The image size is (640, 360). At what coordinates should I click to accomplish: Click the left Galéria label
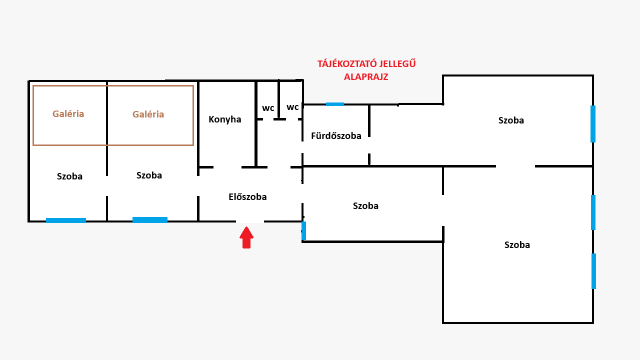coord(68,114)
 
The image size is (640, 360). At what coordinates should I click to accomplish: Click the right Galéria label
coord(148,114)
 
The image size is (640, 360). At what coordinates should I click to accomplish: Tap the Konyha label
coord(225,120)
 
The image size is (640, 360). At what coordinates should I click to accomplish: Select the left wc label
coord(268,108)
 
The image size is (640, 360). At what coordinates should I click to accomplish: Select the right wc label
coord(293,107)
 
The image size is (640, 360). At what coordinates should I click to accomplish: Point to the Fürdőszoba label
coord(336,135)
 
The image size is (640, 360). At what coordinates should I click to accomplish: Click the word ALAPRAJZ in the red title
coord(365,77)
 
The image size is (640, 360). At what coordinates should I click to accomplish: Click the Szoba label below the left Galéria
coord(69,176)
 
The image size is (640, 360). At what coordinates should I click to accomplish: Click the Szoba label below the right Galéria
coord(149,175)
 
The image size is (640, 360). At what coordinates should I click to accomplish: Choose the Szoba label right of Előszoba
coord(366,206)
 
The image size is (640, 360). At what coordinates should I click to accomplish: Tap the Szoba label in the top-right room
coord(511,120)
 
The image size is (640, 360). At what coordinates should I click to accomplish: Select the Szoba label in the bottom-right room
coord(517,245)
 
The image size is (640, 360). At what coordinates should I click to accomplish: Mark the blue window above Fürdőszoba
coord(334,103)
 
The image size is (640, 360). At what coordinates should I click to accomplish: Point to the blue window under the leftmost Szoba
coord(66,220)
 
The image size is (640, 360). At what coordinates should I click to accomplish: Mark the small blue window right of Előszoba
coord(304,231)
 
